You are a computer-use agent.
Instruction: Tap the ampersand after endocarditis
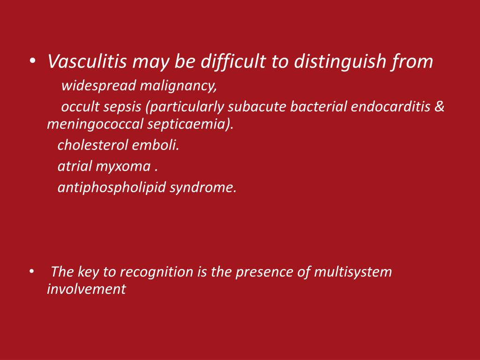(x=439, y=107)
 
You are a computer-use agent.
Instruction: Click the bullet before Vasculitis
(x=31, y=61)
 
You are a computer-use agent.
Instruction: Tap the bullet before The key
(x=31, y=272)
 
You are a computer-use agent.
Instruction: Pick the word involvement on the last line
(x=86, y=289)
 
